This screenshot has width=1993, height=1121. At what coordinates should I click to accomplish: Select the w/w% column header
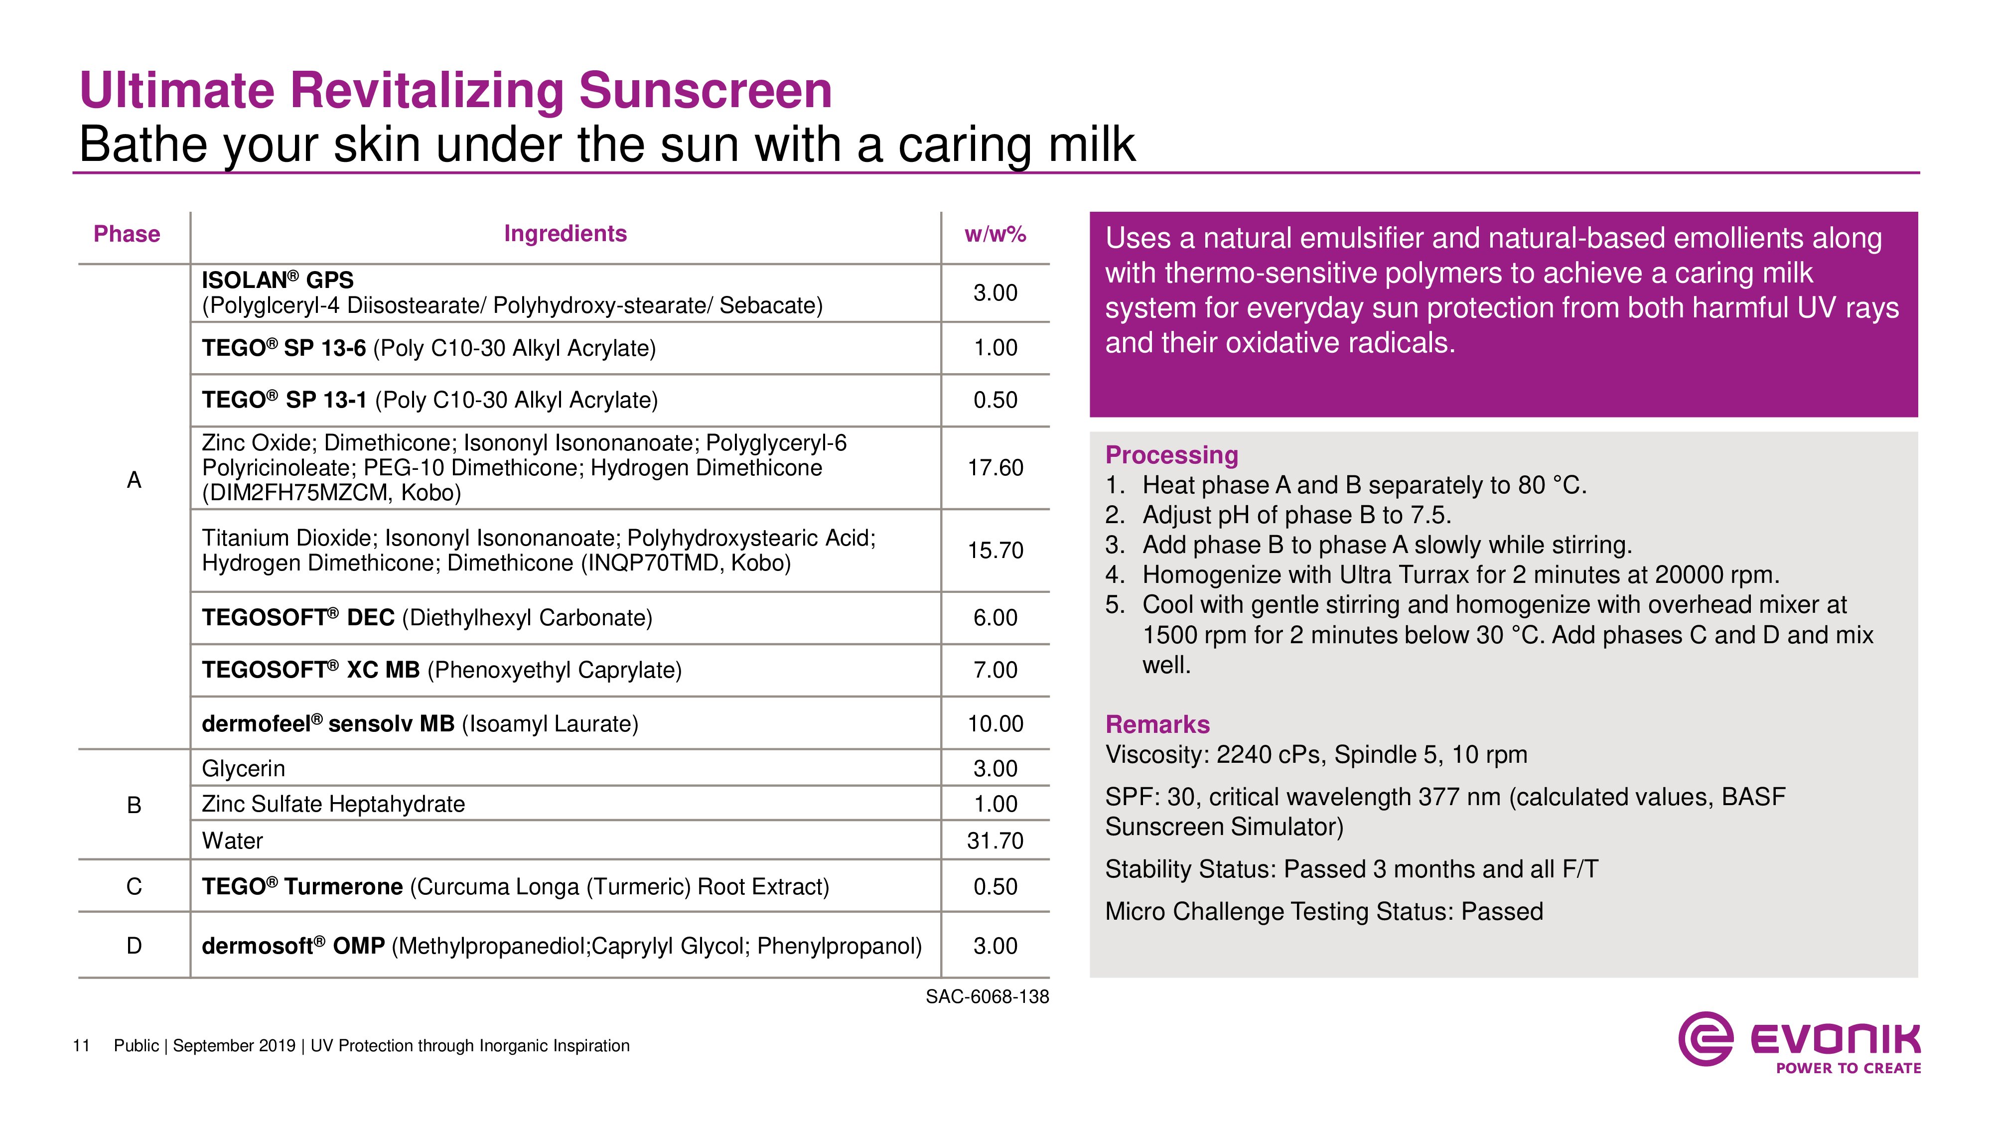point(995,234)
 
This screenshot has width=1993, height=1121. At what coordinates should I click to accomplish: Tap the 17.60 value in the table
point(995,467)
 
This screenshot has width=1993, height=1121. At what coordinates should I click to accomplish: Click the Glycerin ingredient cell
point(244,768)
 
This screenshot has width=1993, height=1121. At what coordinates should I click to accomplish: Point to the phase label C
point(134,887)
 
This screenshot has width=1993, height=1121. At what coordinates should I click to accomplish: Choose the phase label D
point(134,946)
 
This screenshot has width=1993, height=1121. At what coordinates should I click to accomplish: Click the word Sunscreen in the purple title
point(705,91)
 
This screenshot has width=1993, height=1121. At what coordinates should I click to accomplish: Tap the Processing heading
point(1171,455)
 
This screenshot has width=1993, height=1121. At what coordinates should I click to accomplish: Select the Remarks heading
point(1157,724)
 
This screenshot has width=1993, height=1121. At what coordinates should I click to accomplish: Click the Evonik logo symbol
point(1705,1038)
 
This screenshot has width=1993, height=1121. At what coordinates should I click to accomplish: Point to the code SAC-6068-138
point(987,996)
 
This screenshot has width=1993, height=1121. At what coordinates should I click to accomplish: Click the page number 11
point(81,1046)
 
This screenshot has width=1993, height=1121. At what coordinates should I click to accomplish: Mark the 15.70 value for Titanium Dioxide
point(995,550)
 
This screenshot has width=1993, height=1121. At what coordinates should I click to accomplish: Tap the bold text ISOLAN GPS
point(277,280)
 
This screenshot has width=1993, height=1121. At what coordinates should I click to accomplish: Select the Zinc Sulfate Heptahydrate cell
point(333,804)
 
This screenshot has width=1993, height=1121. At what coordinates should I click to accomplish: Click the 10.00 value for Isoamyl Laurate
point(995,723)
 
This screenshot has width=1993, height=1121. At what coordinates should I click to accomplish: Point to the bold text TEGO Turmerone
point(302,887)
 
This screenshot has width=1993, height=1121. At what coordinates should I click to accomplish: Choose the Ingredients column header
point(565,234)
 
